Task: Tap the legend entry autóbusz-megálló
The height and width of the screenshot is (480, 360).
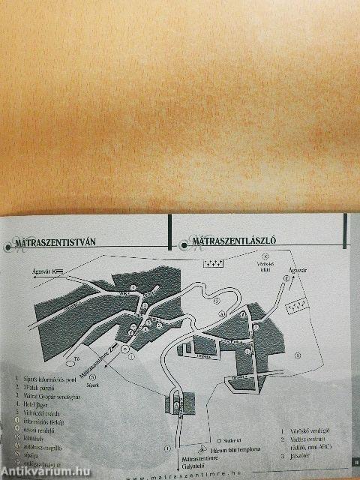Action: pyautogui.click(x=46, y=444)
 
